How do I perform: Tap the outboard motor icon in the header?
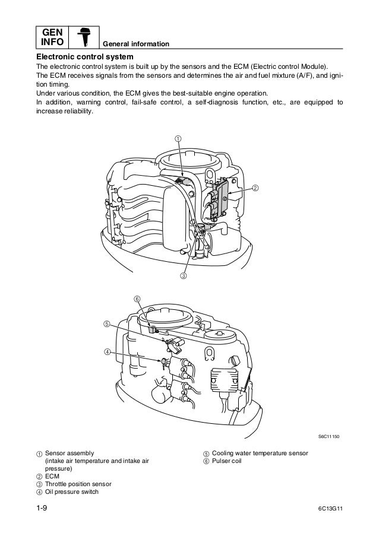point(84,37)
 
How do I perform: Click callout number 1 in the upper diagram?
point(177,139)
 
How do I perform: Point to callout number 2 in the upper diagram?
point(255,189)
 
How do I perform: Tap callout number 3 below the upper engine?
point(184,275)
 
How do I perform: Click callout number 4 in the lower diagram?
point(107,352)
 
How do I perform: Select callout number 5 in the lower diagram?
point(106,324)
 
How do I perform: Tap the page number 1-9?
point(43,509)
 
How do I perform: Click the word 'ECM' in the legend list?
point(52,475)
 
